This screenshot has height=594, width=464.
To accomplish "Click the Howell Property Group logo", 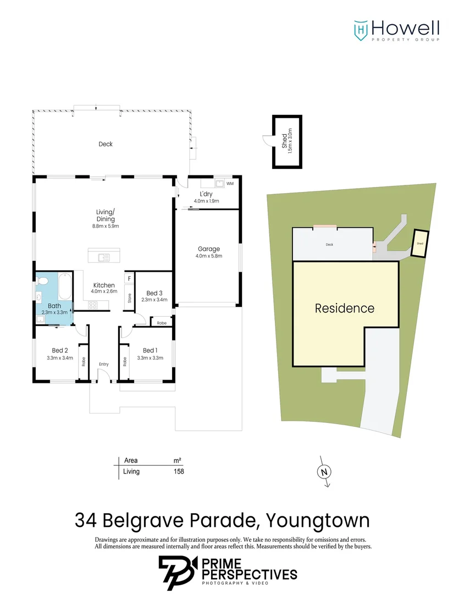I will (396, 30).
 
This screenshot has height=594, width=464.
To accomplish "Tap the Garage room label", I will (207, 249).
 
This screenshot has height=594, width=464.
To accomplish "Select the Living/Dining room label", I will (106, 215).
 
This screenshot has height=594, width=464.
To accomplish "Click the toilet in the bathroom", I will (45, 282).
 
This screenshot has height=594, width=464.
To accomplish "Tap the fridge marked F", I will (129, 279).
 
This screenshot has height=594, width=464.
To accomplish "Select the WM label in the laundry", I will (230, 183).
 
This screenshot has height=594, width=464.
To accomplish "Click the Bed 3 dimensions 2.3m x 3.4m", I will (154, 300).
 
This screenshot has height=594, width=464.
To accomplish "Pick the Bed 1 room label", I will (150, 350).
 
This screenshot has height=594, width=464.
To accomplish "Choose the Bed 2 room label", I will (60, 350).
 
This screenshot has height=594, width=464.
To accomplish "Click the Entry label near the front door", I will (104, 364).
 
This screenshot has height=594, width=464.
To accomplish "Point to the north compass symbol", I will (324, 471).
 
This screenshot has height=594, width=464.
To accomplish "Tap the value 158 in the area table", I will (179, 471).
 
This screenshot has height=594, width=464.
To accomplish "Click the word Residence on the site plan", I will (344, 308).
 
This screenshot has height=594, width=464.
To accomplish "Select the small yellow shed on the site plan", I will (420, 243).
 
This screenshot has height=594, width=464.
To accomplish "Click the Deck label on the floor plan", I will (106, 144).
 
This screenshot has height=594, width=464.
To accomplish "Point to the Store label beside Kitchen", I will (130, 299).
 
